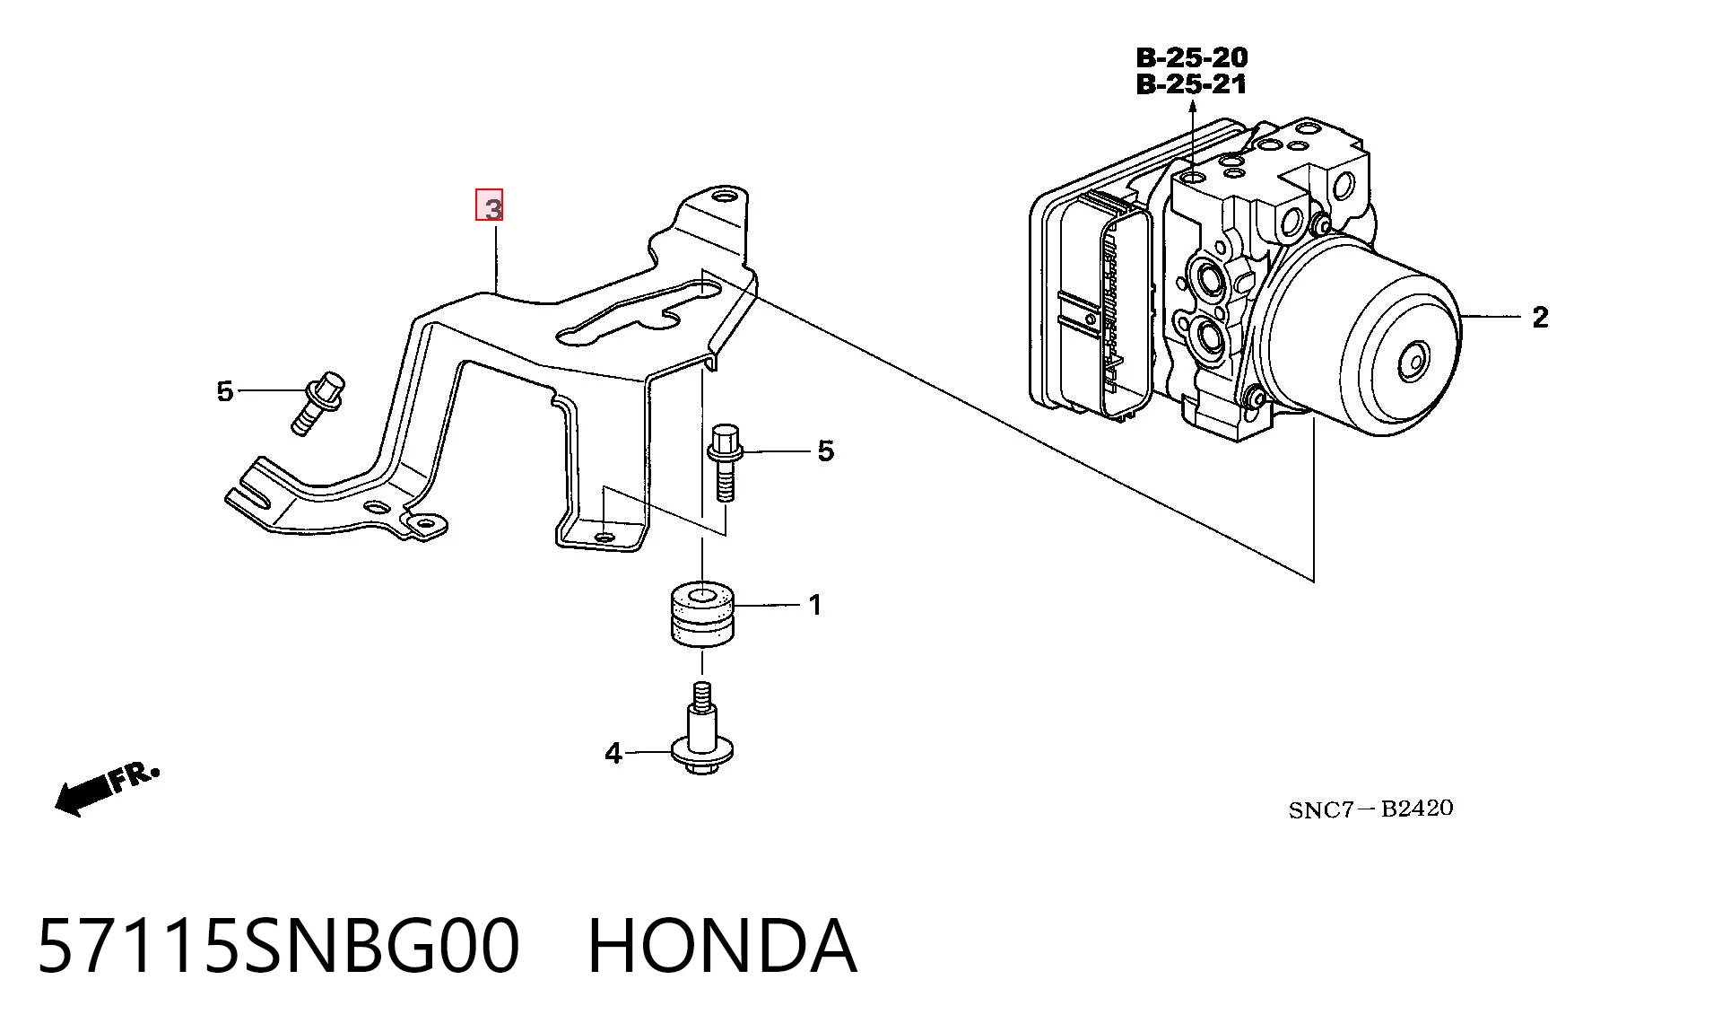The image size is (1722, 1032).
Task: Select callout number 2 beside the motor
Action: click(x=1540, y=317)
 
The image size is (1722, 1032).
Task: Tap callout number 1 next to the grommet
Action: click(x=814, y=606)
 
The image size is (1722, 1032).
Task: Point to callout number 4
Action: click(x=613, y=753)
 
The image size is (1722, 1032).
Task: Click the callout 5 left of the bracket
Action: click(x=224, y=391)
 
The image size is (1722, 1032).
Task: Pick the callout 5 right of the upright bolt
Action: click(x=826, y=450)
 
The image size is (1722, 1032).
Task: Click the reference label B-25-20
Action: click(x=1192, y=57)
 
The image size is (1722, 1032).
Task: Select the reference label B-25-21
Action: click(x=1192, y=84)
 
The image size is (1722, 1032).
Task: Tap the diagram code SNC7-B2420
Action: click(x=1370, y=809)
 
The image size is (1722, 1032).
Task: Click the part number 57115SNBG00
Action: click(x=279, y=946)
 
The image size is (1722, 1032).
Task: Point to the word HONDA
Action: click(x=722, y=946)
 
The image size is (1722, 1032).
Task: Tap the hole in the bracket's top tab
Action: click(x=724, y=196)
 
